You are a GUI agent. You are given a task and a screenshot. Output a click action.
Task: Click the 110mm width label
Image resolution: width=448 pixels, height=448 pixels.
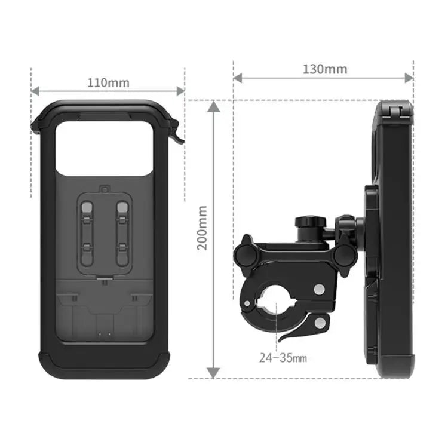[108, 82]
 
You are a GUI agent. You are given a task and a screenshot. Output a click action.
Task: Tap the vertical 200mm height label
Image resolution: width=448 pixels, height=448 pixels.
[202, 228]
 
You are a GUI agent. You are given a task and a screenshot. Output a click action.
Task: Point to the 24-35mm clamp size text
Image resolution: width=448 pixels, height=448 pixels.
[283, 358]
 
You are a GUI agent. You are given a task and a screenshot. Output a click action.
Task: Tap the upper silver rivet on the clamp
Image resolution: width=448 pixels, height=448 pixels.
[319, 290]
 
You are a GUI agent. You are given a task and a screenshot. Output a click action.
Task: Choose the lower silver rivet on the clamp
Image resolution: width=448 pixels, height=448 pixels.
[320, 323]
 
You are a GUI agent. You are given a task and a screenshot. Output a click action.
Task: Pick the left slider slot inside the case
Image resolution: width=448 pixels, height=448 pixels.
[87, 233]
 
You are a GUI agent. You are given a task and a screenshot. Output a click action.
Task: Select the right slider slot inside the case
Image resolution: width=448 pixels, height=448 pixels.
[122, 233]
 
